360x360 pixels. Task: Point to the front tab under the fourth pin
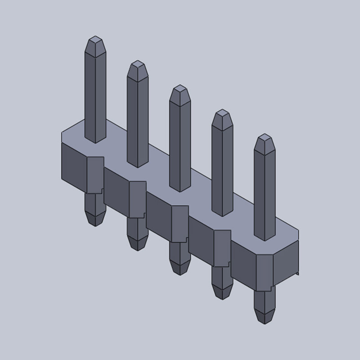pos(222,248)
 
